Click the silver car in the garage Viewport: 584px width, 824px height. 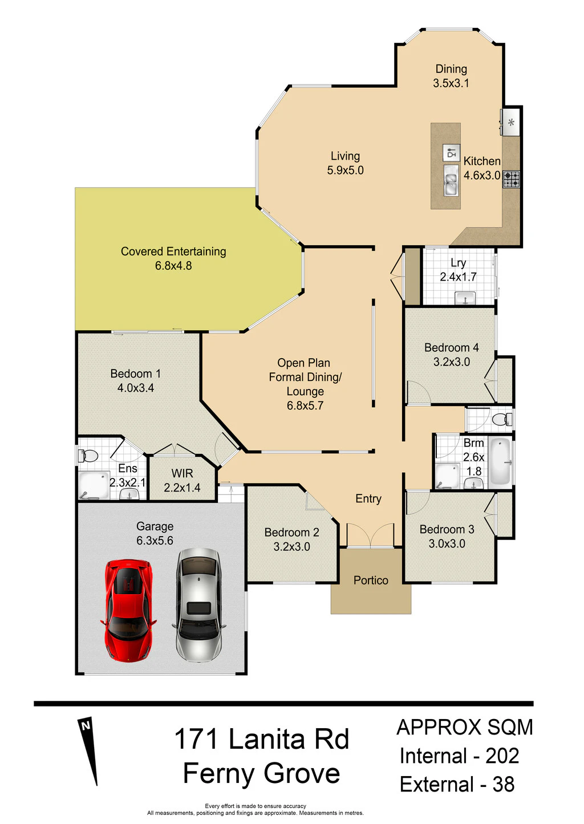[x=199, y=604]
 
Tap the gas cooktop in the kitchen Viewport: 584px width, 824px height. [x=511, y=180]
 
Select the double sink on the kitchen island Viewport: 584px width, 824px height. [x=451, y=180]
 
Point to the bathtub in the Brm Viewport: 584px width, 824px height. [x=501, y=462]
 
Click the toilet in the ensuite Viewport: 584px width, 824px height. [x=87, y=456]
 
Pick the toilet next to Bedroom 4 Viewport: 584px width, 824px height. [x=502, y=419]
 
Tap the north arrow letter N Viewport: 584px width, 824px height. [x=86, y=726]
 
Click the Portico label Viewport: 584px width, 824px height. [x=371, y=580]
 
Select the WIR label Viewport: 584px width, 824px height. [x=182, y=473]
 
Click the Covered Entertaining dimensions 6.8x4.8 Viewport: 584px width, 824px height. [x=173, y=266]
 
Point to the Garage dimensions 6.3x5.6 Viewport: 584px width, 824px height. [x=155, y=541]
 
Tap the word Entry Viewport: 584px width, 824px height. [x=368, y=499]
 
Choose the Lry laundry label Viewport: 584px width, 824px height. [x=458, y=263]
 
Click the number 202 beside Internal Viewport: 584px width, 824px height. [x=502, y=756]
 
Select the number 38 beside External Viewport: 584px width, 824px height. [x=504, y=784]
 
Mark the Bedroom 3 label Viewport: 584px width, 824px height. [x=447, y=529]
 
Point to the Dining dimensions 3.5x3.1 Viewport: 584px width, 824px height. [x=451, y=83]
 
